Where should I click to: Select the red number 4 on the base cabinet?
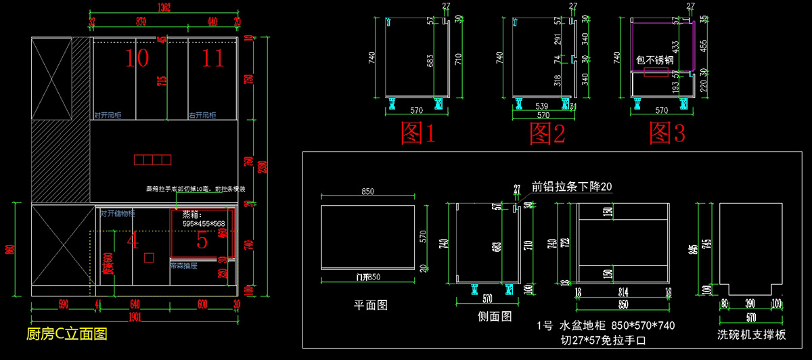click(x=133, y=240)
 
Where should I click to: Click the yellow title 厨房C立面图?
click(x=66, y=334)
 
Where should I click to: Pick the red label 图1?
click(x=418, y=133)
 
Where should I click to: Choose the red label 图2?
click(x=547, y=133)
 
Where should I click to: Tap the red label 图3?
click(x=667, y=133)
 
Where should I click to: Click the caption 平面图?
click(x=371, y=305)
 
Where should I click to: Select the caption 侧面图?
click(x=494, y=316)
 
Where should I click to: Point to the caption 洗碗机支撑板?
click(x=752, y=334)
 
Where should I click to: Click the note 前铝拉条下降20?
click(x=572, y=187)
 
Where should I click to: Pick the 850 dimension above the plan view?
click(x=367, y=192)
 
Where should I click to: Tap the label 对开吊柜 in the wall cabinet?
click(x=108, y=116)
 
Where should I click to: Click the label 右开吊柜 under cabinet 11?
click(x=202, y=116)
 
